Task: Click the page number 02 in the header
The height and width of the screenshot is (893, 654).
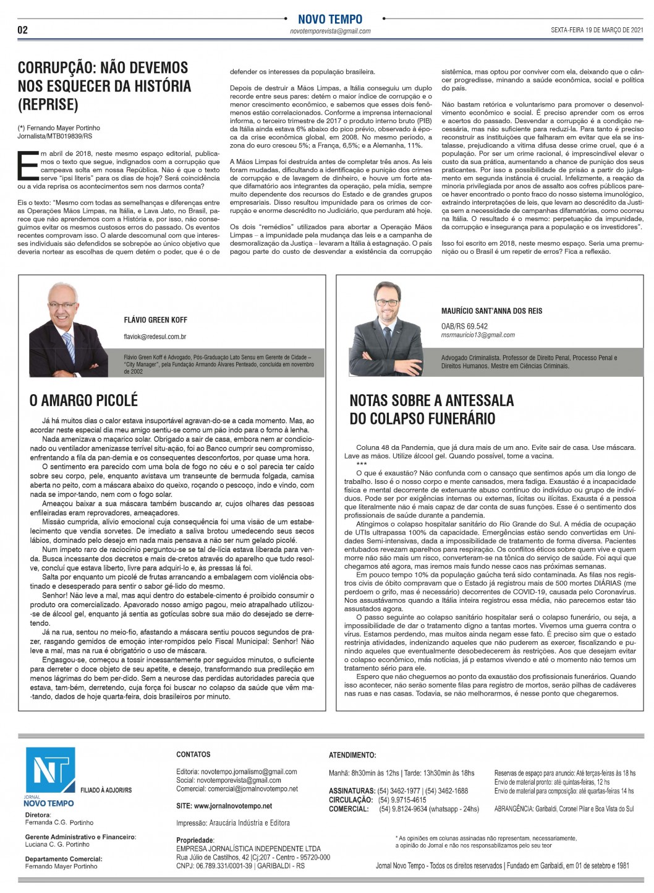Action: (x=22, y=30)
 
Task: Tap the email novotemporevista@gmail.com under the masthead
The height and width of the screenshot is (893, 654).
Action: (x=330, y=32)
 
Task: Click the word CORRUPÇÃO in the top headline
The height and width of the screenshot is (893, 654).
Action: (x=57, y=68)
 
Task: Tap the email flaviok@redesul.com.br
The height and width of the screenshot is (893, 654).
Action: (x=155, y=337)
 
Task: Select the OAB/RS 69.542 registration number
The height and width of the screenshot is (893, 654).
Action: (x=464, y=326)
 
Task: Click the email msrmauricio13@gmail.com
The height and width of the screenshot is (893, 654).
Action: (x=478, y=335)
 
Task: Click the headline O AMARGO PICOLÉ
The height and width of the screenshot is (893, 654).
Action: (x=83, y=400)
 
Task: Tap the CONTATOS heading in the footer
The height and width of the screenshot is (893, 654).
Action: (x=193, y=754)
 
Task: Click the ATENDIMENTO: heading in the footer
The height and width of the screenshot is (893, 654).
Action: (x=352, y=755)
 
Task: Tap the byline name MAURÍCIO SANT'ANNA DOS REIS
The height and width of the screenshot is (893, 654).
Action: (x=491, y=311)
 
